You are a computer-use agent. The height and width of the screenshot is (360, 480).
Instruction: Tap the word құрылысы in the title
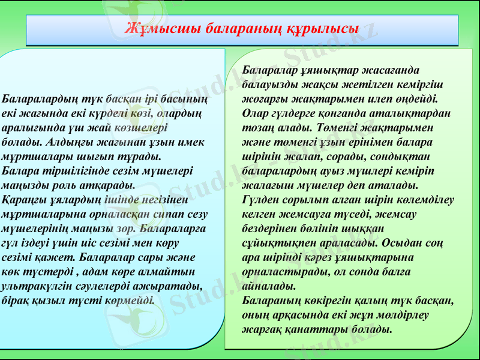(326, 29)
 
